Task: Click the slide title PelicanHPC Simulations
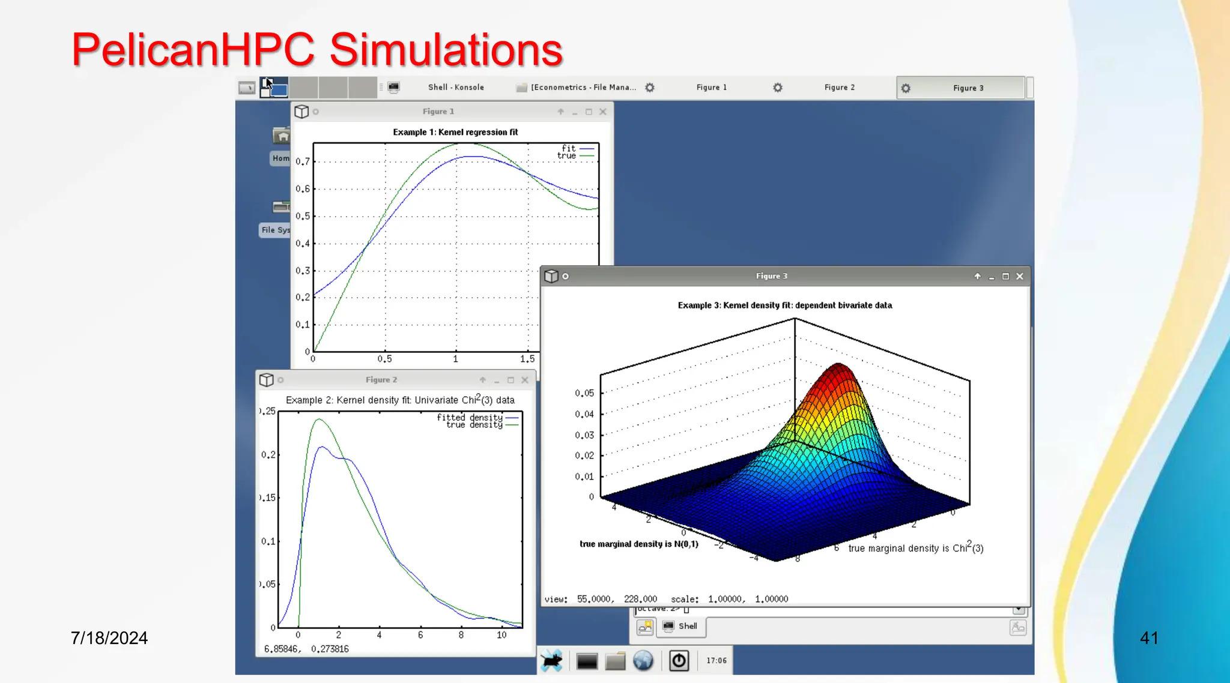317,49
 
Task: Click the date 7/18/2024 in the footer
109,637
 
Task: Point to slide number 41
1148,637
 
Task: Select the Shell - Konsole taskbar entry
455,88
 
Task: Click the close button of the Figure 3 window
1020,277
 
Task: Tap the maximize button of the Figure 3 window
1005,277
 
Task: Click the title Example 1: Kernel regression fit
455,132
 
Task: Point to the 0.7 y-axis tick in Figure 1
303,161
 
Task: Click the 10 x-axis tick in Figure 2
501,635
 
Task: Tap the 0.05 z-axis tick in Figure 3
584,393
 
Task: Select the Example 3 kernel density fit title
784,305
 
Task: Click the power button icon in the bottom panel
679,661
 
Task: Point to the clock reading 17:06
716,661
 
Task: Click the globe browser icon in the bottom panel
643,661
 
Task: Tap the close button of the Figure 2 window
525,381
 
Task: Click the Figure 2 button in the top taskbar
839,88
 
